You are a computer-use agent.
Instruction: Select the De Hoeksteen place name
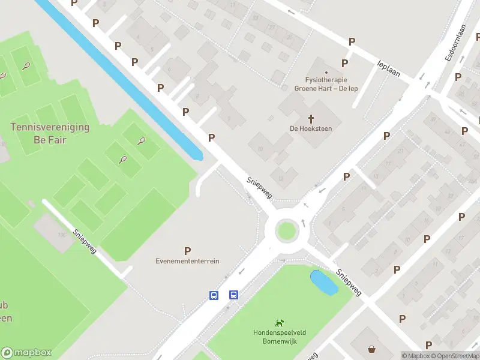click(x=311, y=128)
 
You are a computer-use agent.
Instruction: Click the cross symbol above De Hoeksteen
click(x=311, y=118)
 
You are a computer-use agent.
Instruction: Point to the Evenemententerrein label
click(x=187, y=261)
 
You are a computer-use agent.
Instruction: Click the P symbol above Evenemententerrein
click(x=187, y=251)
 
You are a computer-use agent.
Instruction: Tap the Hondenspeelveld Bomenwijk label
click(x=279, y=337)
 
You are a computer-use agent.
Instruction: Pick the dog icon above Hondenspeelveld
click(x=279, y=323)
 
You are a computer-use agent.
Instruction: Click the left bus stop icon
click(x=214, y=295)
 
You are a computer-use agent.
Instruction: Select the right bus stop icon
click(x=233, y=295)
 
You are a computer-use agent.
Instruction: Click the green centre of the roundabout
click(x=286, y=230)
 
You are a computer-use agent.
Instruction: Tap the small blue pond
click(x=323, y=282)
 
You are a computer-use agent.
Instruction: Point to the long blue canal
click(x=120, y=78)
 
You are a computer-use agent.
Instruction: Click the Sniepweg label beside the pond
click(x=349, y=282)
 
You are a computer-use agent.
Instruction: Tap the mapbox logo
click(x=26, y=353)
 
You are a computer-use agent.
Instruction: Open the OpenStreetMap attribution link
click(x=454, y=356)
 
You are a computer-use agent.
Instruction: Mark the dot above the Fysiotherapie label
click(x=326, y=73)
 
